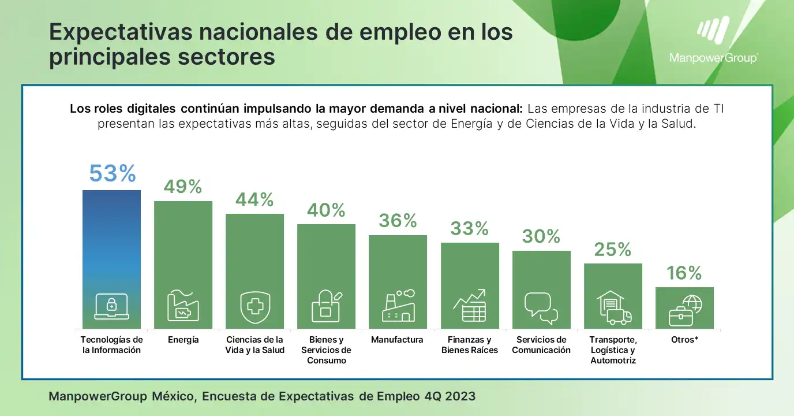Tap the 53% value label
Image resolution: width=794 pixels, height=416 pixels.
[x=112, y=173]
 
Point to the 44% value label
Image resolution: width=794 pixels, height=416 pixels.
[x=254, y=199]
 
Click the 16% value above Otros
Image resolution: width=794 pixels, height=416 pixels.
[x=684, y=273]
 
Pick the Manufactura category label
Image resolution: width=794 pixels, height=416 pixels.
[x=397, y=340]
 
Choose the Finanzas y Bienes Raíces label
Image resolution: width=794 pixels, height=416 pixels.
[x=469, y=345]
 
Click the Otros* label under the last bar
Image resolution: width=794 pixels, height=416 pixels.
[x=684, y=340]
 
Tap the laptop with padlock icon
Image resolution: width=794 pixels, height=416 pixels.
[x=112, y=307]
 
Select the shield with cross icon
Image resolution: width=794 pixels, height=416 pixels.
[x=254, y=307]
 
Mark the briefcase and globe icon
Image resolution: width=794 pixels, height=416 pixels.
[x=684, y=310]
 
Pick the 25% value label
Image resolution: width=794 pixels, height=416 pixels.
[x=613, y=249]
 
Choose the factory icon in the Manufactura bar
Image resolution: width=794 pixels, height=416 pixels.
[x=398, y=307]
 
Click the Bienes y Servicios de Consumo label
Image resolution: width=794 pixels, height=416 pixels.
[x=326, y=350]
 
